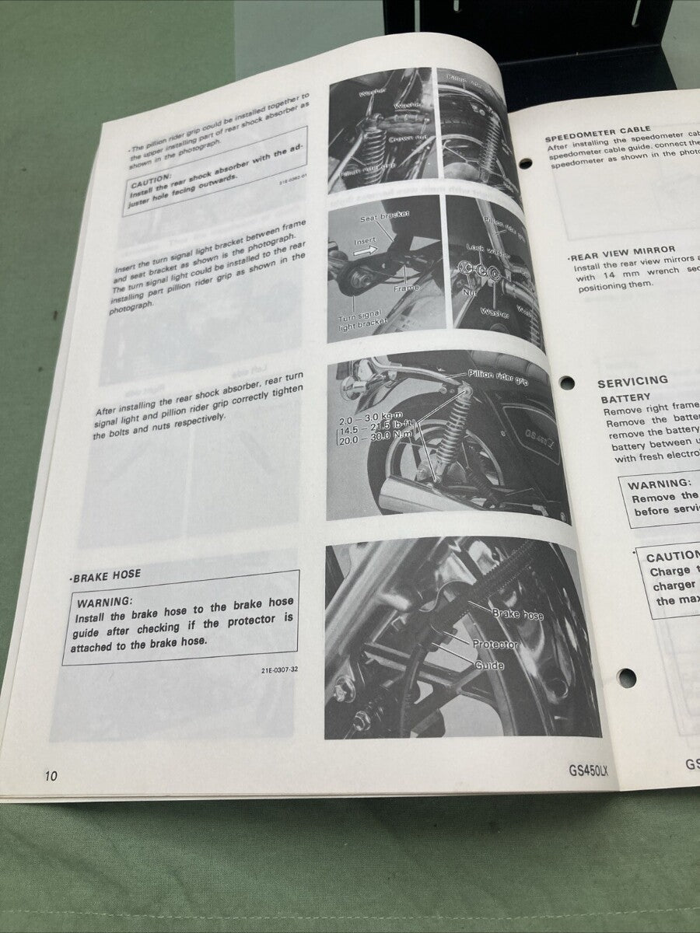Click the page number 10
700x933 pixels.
tap(51, 775)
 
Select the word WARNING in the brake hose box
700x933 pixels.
tap(105, 601)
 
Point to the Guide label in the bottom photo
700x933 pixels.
tap(489, 666)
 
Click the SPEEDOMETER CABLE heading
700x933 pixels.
tap(597, 130)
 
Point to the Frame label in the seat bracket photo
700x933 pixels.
tap(405, 288)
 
